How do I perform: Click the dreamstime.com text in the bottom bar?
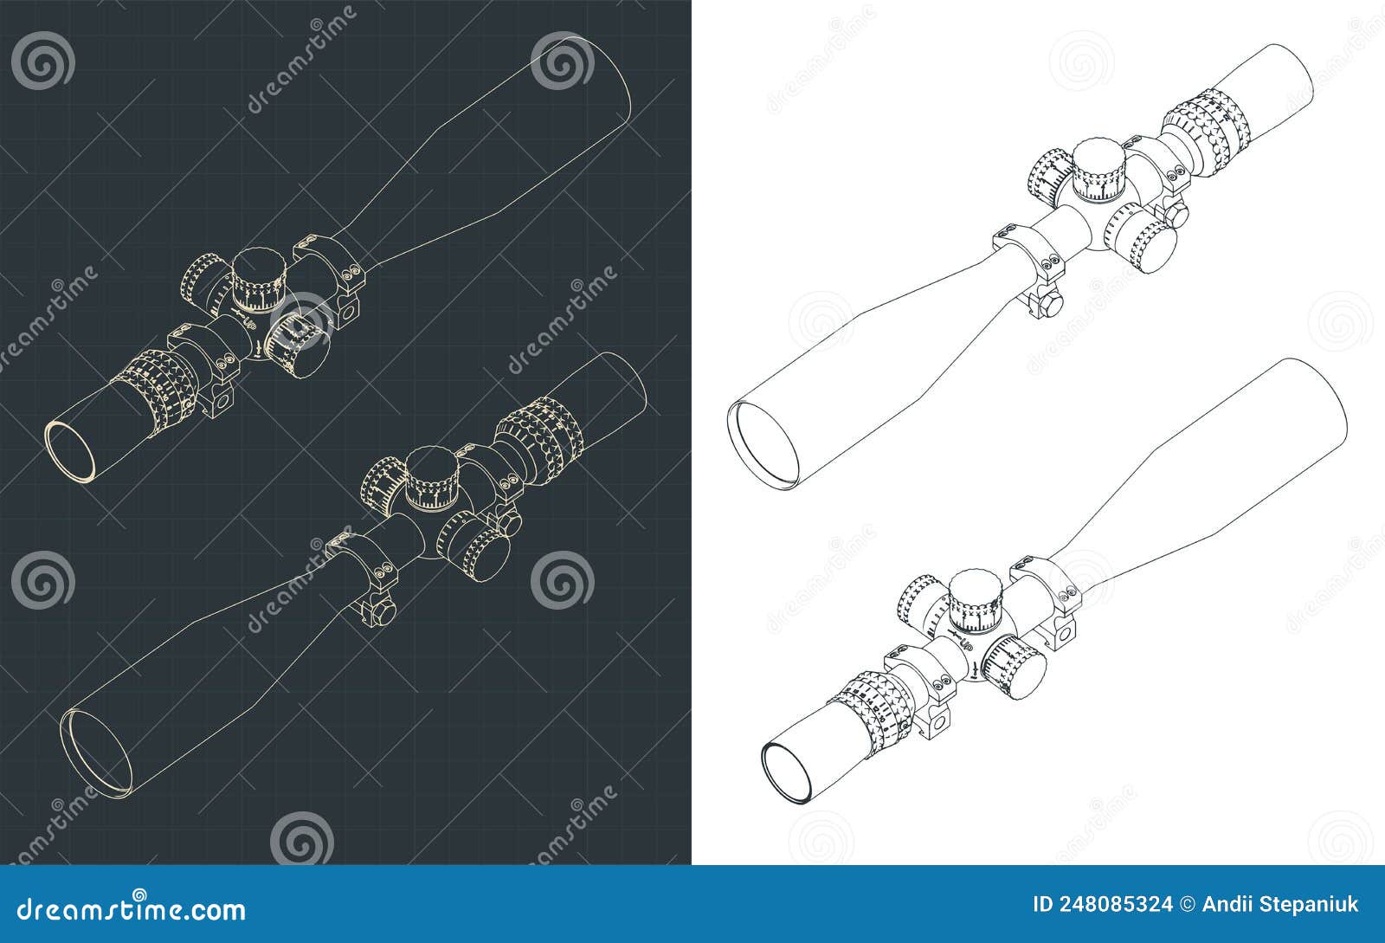pos(132,910)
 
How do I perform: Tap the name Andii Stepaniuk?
pos(1281,905)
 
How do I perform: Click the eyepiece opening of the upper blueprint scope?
pos(70,449)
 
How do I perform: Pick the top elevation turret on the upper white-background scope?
pos(1099,171)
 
